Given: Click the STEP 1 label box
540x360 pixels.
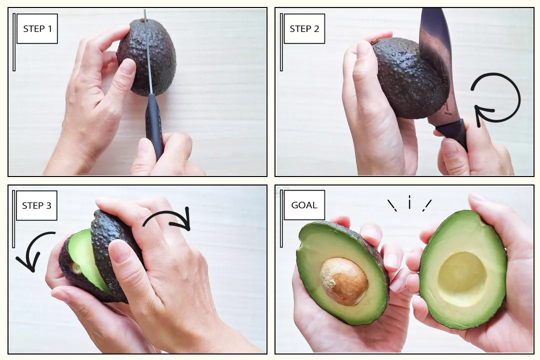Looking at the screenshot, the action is tap(37, 28).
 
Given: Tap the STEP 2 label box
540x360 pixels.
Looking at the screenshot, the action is tap(304, 28).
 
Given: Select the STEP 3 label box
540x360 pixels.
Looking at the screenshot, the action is tap(36, 205).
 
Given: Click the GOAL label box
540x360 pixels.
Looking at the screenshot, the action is tap(304, 205).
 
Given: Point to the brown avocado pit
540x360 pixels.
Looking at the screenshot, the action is tap(343, 281).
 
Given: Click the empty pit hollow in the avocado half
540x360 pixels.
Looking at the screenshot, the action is tap(462, 278).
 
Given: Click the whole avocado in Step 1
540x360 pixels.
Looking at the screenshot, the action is tap(146, 57).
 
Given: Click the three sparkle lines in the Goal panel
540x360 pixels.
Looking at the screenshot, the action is tap(409, 204).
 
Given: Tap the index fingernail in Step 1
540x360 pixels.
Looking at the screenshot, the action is tap(128, 66).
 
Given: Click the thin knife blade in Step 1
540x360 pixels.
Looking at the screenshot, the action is tap(148, 51).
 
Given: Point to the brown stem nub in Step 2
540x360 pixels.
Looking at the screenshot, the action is tap(374, 41).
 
